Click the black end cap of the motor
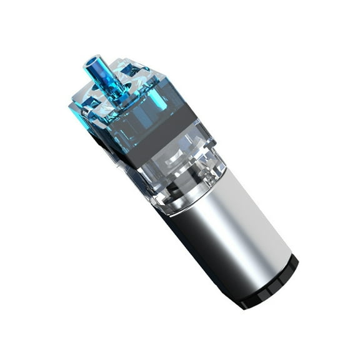point(269,284)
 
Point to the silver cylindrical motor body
point(231,231)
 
